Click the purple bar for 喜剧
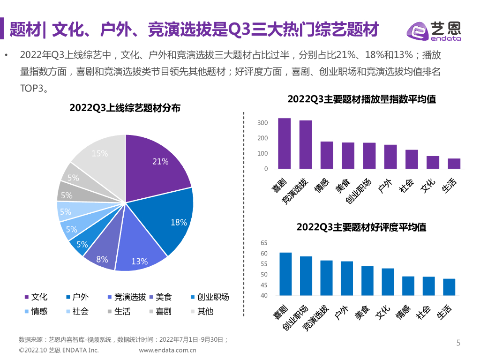pyautogui.click(x=284, y=143)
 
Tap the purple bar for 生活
pyautogui.click(x=454, y=164)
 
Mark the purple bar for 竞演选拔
pyautogui.click(x=306, y=144)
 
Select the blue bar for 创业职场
pyautogui.click(x=306, y=276)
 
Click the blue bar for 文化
pyautogui.click(x=388, y=282)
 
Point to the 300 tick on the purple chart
pyautogui.click(x=262, y=123)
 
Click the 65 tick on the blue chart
pyautogui.click(x=263, y=243)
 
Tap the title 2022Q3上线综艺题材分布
pyautogui.click(x=125, y=107)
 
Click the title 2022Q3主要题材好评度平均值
pyautogui.click(x=361, y=227)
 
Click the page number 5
pyautogui.click(x=458, y=343)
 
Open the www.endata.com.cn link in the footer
pyautogui.click(x=167, y=350)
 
